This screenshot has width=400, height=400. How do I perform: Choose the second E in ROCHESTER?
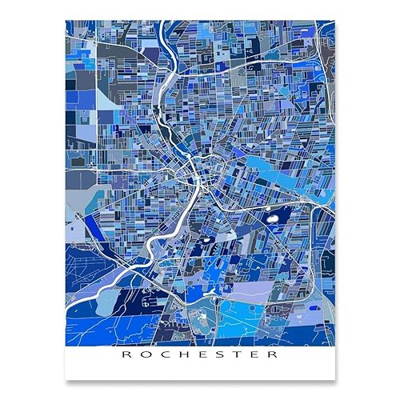click(258, 354)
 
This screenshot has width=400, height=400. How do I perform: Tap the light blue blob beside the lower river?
click(108, 300)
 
